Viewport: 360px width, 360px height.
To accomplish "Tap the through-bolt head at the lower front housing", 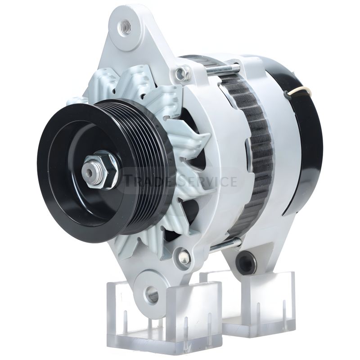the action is pos(183,255).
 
